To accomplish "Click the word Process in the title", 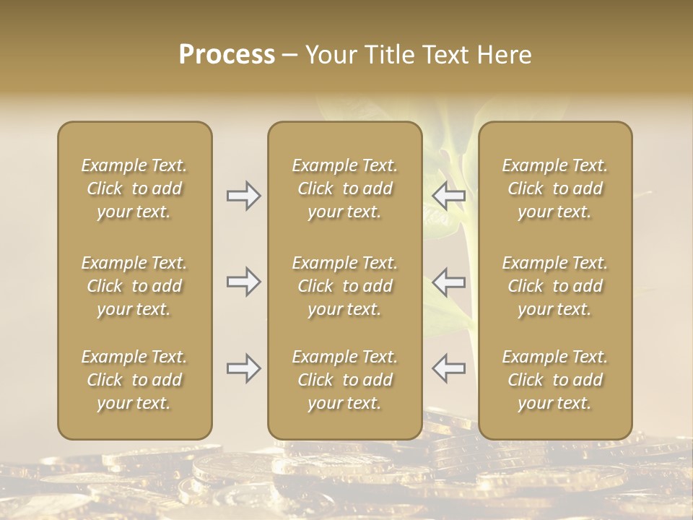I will click(227, 55).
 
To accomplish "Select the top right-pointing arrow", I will click(244, 196).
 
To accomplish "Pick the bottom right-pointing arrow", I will click(244, 368).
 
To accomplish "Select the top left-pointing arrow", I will click(448, 196).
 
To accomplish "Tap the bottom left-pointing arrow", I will click(448, 368).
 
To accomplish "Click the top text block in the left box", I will click(134, 188).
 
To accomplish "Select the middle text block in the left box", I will click(134, 286).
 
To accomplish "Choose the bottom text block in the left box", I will click(134, 380).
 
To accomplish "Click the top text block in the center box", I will click(345, 188).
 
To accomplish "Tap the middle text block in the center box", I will click(345, 286).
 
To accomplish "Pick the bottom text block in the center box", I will click(345, 380).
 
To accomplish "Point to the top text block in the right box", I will click(555, 188).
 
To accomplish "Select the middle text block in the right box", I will click(555, 286).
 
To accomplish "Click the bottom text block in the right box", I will click(555, 380).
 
